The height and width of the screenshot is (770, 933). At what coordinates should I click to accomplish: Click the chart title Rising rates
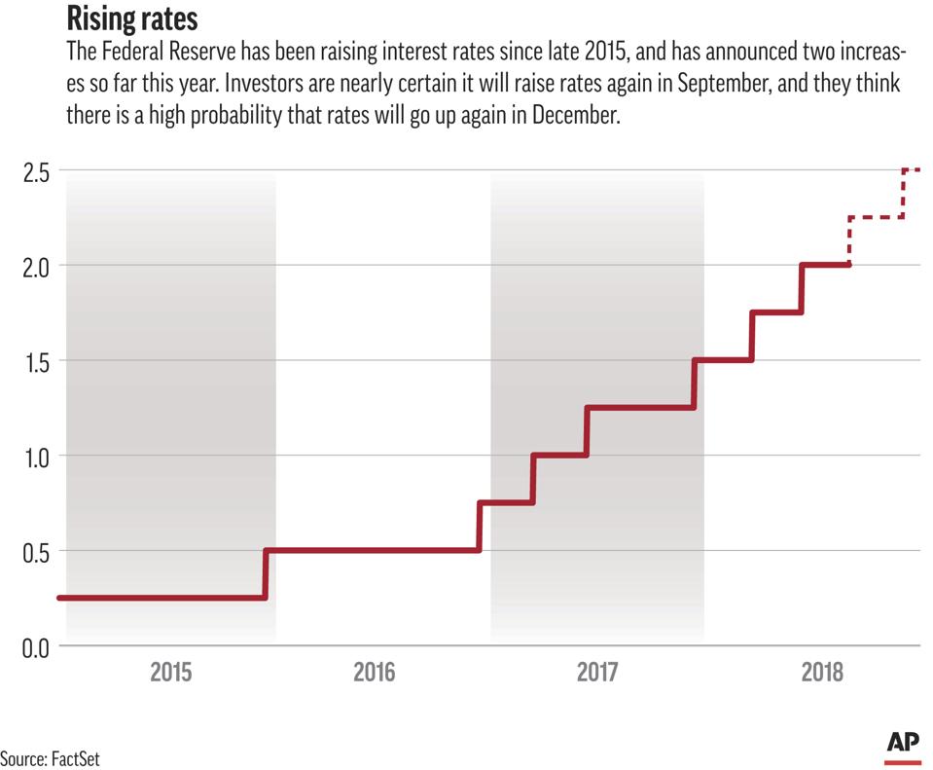[x=133, y=18]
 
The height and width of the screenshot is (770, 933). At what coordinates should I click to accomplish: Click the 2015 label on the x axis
[x=171, y=672]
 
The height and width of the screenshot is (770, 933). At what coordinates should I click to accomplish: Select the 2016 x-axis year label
[x=375, y=672]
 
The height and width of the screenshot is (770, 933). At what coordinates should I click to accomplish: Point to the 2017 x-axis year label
[x=597, y=672]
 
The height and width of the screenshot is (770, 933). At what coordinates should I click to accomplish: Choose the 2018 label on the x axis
[x=821, y=672]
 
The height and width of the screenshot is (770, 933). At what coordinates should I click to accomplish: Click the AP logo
[x=903, y=744]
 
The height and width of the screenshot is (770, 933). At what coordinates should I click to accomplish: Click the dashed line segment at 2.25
[x=877, y=217]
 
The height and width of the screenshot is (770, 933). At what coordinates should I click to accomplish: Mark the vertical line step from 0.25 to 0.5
[x=265, y=574]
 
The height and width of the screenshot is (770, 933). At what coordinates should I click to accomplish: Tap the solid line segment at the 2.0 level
[x=826, y=265]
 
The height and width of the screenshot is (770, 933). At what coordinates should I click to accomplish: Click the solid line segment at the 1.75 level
[x=776, y=312]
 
